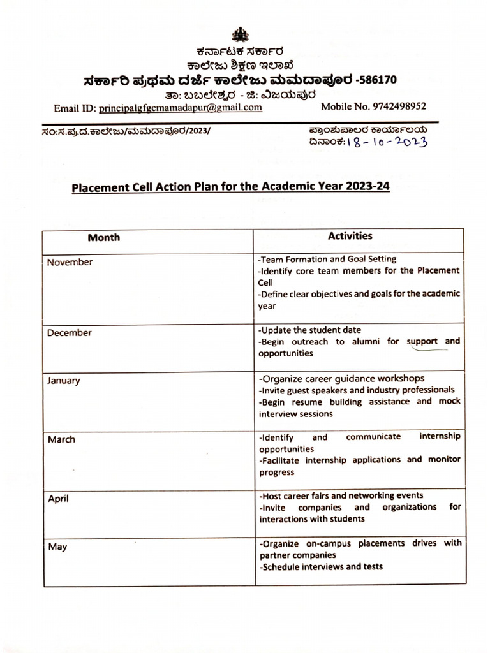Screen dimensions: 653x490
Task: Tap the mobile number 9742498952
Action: click(x=398, y=106)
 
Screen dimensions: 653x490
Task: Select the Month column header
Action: click(x=103, y=237)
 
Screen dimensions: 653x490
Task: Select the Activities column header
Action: click(x=350, y=236)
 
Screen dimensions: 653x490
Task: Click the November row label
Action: click(x=70, y=262)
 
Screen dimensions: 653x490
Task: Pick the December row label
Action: click(x=69, y=332)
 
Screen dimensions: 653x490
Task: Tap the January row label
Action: click(x=63, y=381)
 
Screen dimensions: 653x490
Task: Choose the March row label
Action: click(x=61, y=439)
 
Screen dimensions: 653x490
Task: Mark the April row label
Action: click(x=59, y=499)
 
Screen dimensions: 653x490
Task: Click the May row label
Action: click(x=57, y=547)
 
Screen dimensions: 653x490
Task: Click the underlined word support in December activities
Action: click(x=423, y=341)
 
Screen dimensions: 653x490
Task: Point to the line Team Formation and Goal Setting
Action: click(x=327, y=259)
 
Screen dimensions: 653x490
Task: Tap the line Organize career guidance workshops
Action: click(x=341, y=378)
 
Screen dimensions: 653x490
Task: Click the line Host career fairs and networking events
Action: click(x=341, y=495)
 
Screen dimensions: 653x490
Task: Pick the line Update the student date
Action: click(x=309, y=330)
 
